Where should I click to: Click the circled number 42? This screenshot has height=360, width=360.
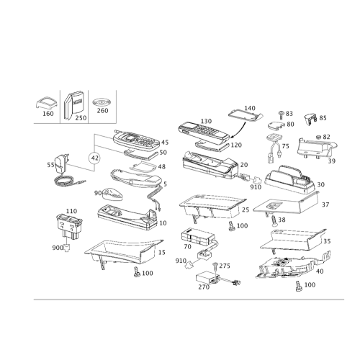tap(95, 158)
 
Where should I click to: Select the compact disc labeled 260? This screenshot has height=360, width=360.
tap(101, 102)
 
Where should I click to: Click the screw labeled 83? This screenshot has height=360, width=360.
tap(281, 115)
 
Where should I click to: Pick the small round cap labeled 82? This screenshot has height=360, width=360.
tap(319, 137)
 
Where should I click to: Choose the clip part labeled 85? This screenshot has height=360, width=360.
tap(310, 119)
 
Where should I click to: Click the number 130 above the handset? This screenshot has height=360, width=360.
tap(206, 121)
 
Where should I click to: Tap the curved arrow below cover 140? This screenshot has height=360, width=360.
tap(240, 132)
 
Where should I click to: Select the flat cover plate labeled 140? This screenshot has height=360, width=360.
tap(246, 117)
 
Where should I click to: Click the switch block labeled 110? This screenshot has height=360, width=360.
tap(69, 226)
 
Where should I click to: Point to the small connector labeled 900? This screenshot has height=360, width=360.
tap(67, 248)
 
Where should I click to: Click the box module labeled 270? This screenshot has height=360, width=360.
tap(207, 278)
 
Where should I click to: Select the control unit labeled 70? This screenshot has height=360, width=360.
tap(197, 235)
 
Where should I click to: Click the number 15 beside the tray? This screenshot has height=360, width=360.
tap(162, 252)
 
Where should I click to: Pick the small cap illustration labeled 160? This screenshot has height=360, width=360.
tap(47, 103)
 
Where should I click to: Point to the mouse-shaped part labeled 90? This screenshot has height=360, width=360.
tap(113, 194)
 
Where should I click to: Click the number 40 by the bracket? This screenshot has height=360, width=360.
tap(320, 271)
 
